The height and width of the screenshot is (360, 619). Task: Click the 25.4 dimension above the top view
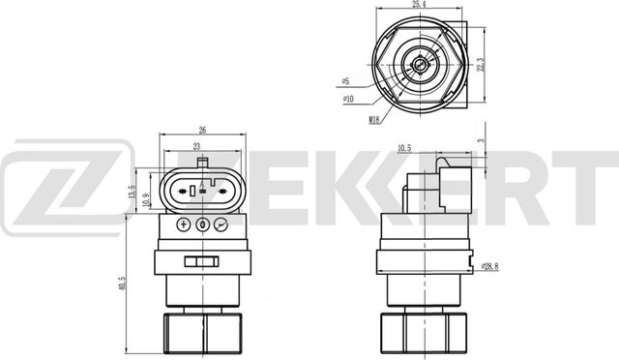click(x=420, y=6)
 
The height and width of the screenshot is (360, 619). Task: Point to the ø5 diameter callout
click(x=346, y=83)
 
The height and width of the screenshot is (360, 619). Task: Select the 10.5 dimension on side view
click(x=405, y=148)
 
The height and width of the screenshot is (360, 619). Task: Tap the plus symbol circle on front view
click(x=183, y=225)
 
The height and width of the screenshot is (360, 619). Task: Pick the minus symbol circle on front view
click(x=221, y=225)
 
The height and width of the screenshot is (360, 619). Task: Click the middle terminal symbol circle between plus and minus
click(x=202, y=225)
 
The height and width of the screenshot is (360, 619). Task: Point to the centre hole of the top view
click(x=418, y=65)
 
